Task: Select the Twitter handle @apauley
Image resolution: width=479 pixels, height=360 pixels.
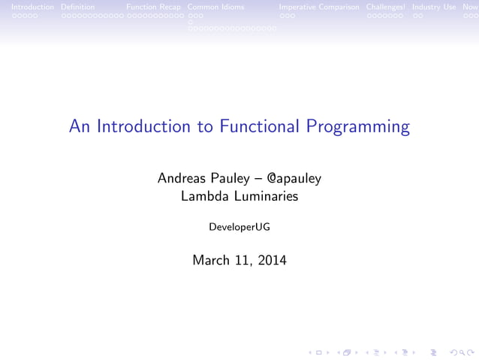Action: pos(294,179)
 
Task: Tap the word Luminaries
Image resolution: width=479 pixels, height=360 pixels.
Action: pos(262,197)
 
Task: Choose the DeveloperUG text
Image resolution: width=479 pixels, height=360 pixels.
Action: pos(239,225)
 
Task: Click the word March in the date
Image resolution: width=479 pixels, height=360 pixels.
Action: pos(212,261)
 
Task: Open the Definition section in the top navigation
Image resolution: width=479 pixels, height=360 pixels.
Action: pos(77,7)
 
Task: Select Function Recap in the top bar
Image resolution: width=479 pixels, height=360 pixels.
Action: pos(154,7)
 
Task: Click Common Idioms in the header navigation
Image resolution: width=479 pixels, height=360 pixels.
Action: pos(215,7)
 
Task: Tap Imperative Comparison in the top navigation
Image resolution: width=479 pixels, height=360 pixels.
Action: pos(319,7)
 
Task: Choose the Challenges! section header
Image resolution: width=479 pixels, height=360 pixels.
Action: pos(386,7)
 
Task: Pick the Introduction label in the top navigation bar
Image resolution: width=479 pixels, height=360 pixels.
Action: pos(27,7)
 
